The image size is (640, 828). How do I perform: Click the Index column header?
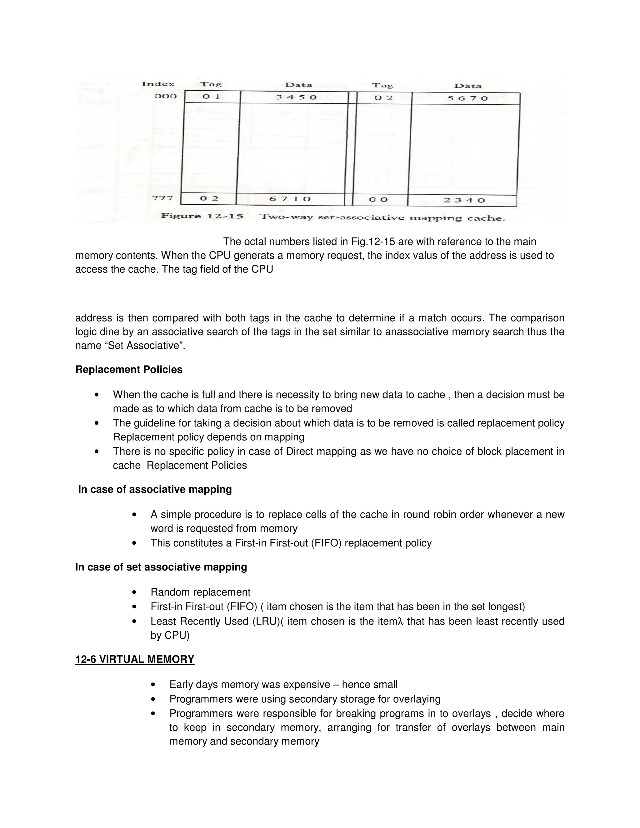pos(158,84)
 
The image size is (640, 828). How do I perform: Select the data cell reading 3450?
pos(296,97)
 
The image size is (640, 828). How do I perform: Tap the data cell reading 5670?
pos(467,98)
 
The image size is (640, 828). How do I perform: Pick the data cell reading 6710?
pos(290,199)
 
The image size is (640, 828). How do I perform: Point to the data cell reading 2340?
pos(464,200)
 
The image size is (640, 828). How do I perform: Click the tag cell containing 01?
pos(211,97)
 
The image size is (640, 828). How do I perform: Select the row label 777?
pos(162,198)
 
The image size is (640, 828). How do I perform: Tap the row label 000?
pos(166,96)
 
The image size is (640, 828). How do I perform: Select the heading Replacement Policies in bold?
pos(129,370)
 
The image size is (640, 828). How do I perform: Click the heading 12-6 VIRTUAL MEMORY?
pos(135,659)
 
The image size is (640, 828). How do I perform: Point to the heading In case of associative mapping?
pos(155,489)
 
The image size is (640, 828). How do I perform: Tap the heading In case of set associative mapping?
pos(161,567)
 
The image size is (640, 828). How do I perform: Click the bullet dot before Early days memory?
pos(153,685)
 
